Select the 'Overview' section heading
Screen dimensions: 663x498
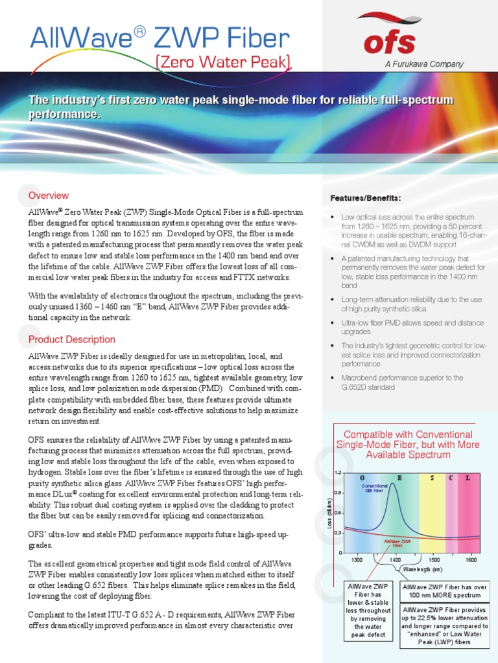click(48, 196)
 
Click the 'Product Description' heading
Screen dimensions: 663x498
click(71, 339)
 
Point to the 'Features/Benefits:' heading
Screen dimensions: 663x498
click(366, 197)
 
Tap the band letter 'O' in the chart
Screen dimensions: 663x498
click(362, 477)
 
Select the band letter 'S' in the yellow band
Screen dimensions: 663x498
click(432, 477)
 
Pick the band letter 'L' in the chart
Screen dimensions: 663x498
click(468, 477)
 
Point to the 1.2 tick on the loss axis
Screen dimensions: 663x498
click(337, 473)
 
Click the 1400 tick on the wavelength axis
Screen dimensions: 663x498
click(396, 559)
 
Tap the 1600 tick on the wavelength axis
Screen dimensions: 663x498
click(471, 559)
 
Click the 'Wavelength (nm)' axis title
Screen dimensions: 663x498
click(422, 569)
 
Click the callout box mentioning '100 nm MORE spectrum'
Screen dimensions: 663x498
click(444, 591)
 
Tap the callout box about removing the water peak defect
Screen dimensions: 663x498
click(368, 611)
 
